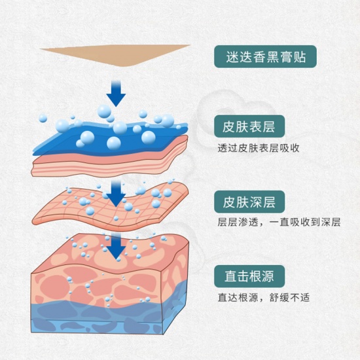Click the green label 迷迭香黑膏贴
(265, 56)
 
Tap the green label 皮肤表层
(249, 126)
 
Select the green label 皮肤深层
(249, 202)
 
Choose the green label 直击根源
(249, 276)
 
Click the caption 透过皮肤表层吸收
(259, 148)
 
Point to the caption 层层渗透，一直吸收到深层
(279, 223)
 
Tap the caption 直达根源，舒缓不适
(264, 298)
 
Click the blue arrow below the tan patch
(116, 94)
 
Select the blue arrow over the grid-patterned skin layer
(116, 193)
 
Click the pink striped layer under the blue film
(110, 163)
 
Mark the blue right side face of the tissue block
(175, 306)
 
